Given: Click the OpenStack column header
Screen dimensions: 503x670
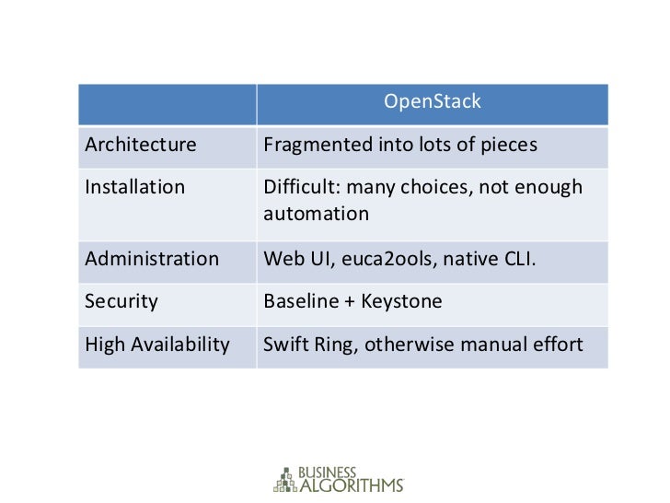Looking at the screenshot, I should pos(432,101).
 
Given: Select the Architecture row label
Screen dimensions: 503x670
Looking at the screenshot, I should pos(141,146).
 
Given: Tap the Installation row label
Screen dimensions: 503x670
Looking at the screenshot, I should pos(134,188).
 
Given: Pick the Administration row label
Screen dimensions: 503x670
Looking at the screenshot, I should pos(152,259).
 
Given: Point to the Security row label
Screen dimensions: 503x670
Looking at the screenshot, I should pos(121,301).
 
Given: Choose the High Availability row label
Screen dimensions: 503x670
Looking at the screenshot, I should pos(156,345).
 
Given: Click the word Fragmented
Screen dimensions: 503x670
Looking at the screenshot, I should pos(310,146).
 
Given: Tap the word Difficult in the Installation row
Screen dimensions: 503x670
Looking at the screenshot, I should pos(298,188).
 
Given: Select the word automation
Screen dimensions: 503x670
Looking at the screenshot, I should pos(316,214).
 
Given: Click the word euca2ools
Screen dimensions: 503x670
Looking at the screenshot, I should pos(391,259).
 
